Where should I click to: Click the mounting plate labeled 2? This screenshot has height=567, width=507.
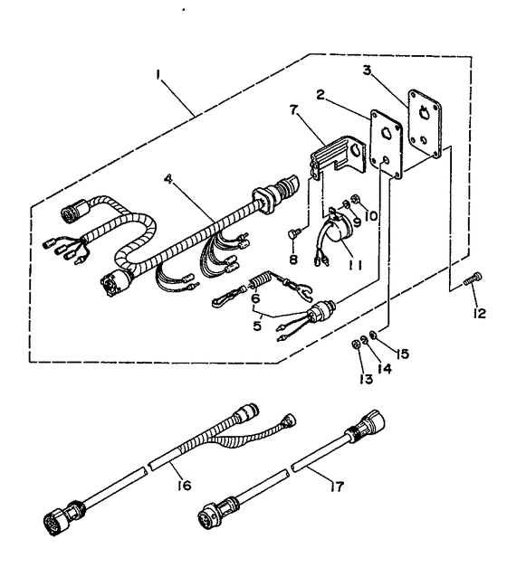click(384, 144)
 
